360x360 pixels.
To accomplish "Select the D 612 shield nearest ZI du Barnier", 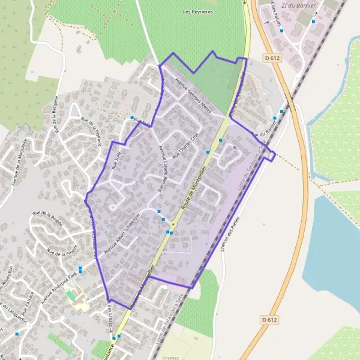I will tap(271, 58).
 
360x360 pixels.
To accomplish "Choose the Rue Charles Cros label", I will tap(185, 145).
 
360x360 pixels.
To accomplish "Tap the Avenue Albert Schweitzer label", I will tap(122, 233).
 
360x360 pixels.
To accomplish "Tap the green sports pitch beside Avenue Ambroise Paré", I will tap(71, 295).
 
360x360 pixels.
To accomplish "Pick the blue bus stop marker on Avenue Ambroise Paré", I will tap(80, 269).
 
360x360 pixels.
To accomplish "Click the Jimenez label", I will tap(170, 358).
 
